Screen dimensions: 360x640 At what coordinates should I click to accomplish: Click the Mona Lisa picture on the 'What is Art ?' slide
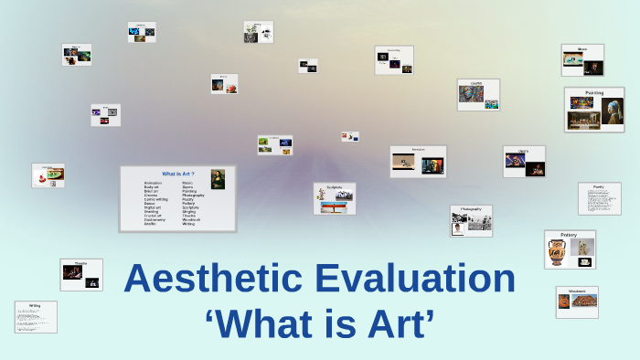[x=218, y=179]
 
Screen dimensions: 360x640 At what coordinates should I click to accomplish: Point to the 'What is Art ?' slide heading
[x=177, y=173]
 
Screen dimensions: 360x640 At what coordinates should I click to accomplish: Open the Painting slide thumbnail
[x=594, y=110]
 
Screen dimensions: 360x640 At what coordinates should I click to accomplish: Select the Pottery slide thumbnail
[x=570, y=249]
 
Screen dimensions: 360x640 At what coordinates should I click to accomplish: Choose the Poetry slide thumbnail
[x=599, y=198]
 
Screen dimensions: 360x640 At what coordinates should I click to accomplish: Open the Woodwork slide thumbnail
[x=577, y=302]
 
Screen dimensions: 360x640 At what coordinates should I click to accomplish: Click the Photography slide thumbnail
[x=471, y=220]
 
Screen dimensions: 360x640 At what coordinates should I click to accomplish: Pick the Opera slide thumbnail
[x=524, y=162]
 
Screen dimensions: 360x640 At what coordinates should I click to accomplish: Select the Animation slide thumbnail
[x=418, y=162]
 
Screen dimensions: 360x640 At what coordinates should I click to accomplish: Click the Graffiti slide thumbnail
[x=478, y=94]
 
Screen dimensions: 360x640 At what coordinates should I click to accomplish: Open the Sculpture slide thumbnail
[x=335, y=198]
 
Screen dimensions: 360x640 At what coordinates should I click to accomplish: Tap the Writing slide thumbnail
[x=36, y=316]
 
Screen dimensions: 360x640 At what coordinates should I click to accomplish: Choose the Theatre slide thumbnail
[x=81, y=274]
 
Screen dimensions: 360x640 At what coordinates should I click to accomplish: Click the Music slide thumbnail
[x=582, y=59]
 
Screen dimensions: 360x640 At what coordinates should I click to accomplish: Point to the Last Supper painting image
[x=582, y=115]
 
